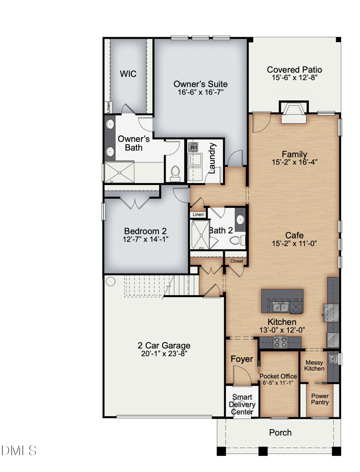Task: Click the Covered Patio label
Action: tap(294, 70)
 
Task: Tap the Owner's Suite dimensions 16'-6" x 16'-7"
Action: tap(200, 92)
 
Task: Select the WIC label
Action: tap(128, 74)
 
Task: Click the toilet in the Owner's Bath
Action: tap(175, 174)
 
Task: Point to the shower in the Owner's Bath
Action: tap(119, 172)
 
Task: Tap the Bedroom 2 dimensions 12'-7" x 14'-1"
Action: tap(145, 239)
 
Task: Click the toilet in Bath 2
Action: tap(237, 240)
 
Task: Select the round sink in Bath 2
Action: tap(240, 220)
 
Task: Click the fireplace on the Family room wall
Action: tap(294, 112)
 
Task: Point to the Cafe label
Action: tap(294, 235)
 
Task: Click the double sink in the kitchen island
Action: tap(280, 307)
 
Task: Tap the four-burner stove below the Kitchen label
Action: tap(280, 342)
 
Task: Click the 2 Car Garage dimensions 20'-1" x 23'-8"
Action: tap(164, 353)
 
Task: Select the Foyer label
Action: tap(242, 359)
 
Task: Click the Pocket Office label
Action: tap(278, 376)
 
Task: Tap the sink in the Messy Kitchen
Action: tap(332, 359)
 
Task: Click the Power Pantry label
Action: tap(319, 399)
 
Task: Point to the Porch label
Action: tap(280, 432)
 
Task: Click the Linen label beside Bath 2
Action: tap(198, 215)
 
